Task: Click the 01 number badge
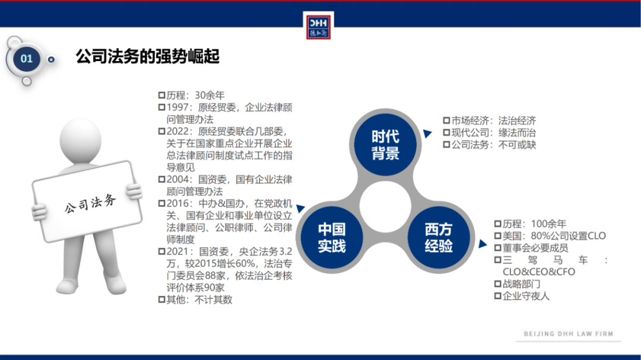[27, 59]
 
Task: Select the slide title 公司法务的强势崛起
[148, 57]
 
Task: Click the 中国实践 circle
[331, 237]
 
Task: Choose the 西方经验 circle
[439, 237]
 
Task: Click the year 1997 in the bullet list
[179, 107]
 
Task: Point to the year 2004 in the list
[179, 179]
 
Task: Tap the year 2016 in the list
[179, 203]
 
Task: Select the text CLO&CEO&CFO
[539, 271]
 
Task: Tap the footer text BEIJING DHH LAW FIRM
[568, 334]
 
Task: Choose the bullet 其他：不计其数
[199, 300]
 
